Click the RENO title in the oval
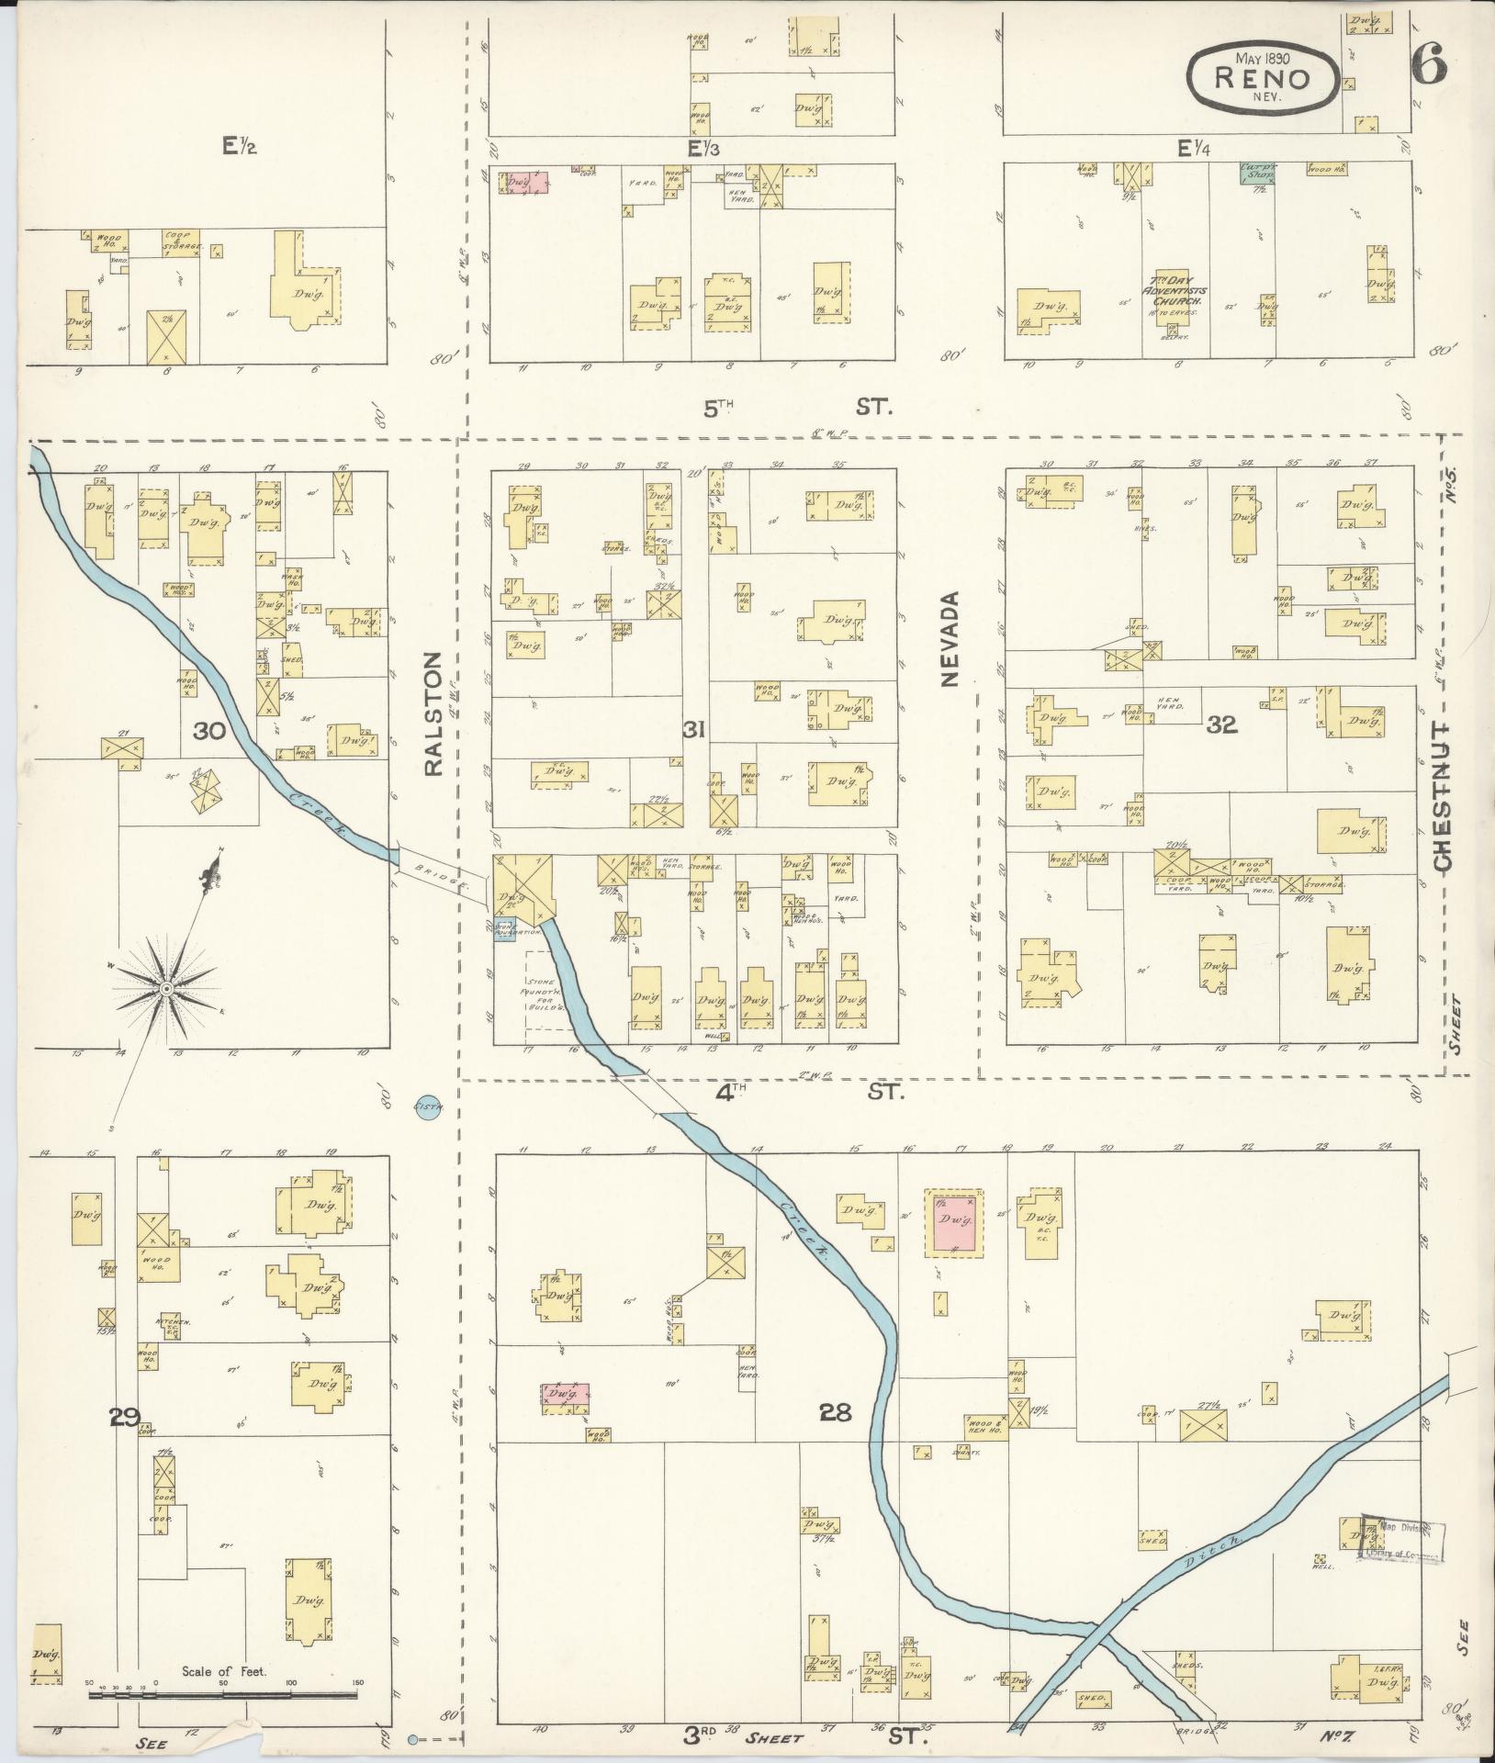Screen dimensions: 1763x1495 pos(1262,77)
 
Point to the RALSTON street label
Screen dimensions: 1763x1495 pos(433,714)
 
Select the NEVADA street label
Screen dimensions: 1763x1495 pos(950,638)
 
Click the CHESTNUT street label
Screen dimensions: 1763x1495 pos(1442,795)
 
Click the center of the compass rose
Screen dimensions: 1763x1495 pos(166,988)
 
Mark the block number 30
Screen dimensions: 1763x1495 pos(210,731)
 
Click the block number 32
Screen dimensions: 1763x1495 pos(1222,725)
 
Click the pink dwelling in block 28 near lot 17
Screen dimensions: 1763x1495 pos(955,1222)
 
